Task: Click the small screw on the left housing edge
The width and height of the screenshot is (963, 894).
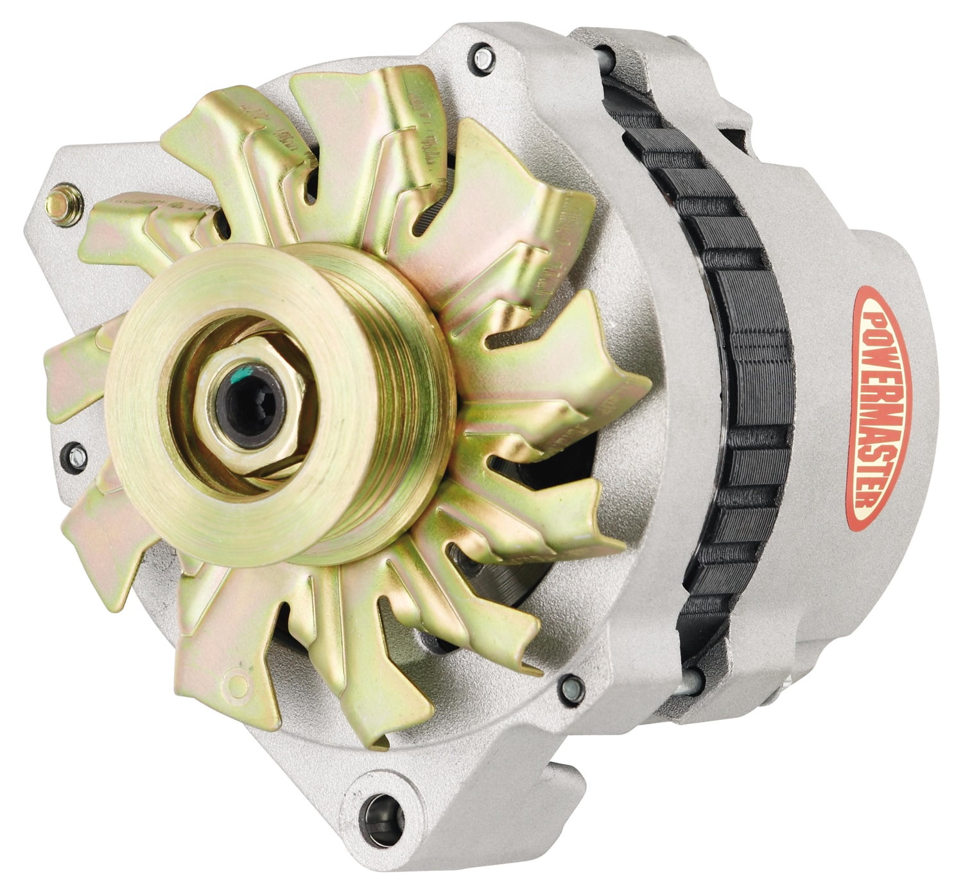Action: pyautogui.click(x=75, y=453)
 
